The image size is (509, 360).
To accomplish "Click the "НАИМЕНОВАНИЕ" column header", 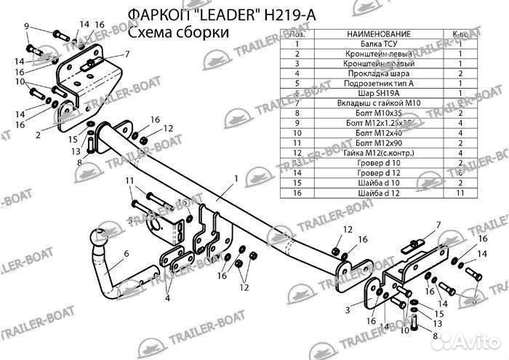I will point(378,34).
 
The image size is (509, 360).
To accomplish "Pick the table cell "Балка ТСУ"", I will point(378,44).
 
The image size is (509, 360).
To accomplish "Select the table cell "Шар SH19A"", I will point(378,93).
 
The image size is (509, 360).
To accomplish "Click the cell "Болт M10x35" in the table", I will point(378,113).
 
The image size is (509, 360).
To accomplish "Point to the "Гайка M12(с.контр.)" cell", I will point(378,153).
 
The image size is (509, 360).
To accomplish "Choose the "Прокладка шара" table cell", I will point(378,73).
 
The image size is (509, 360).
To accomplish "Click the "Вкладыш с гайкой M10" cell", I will point(378,103).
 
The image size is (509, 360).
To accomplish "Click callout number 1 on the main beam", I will point(236,178).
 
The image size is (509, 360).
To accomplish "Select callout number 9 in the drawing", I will point(26,27).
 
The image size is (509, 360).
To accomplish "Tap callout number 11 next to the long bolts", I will point(129,180).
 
